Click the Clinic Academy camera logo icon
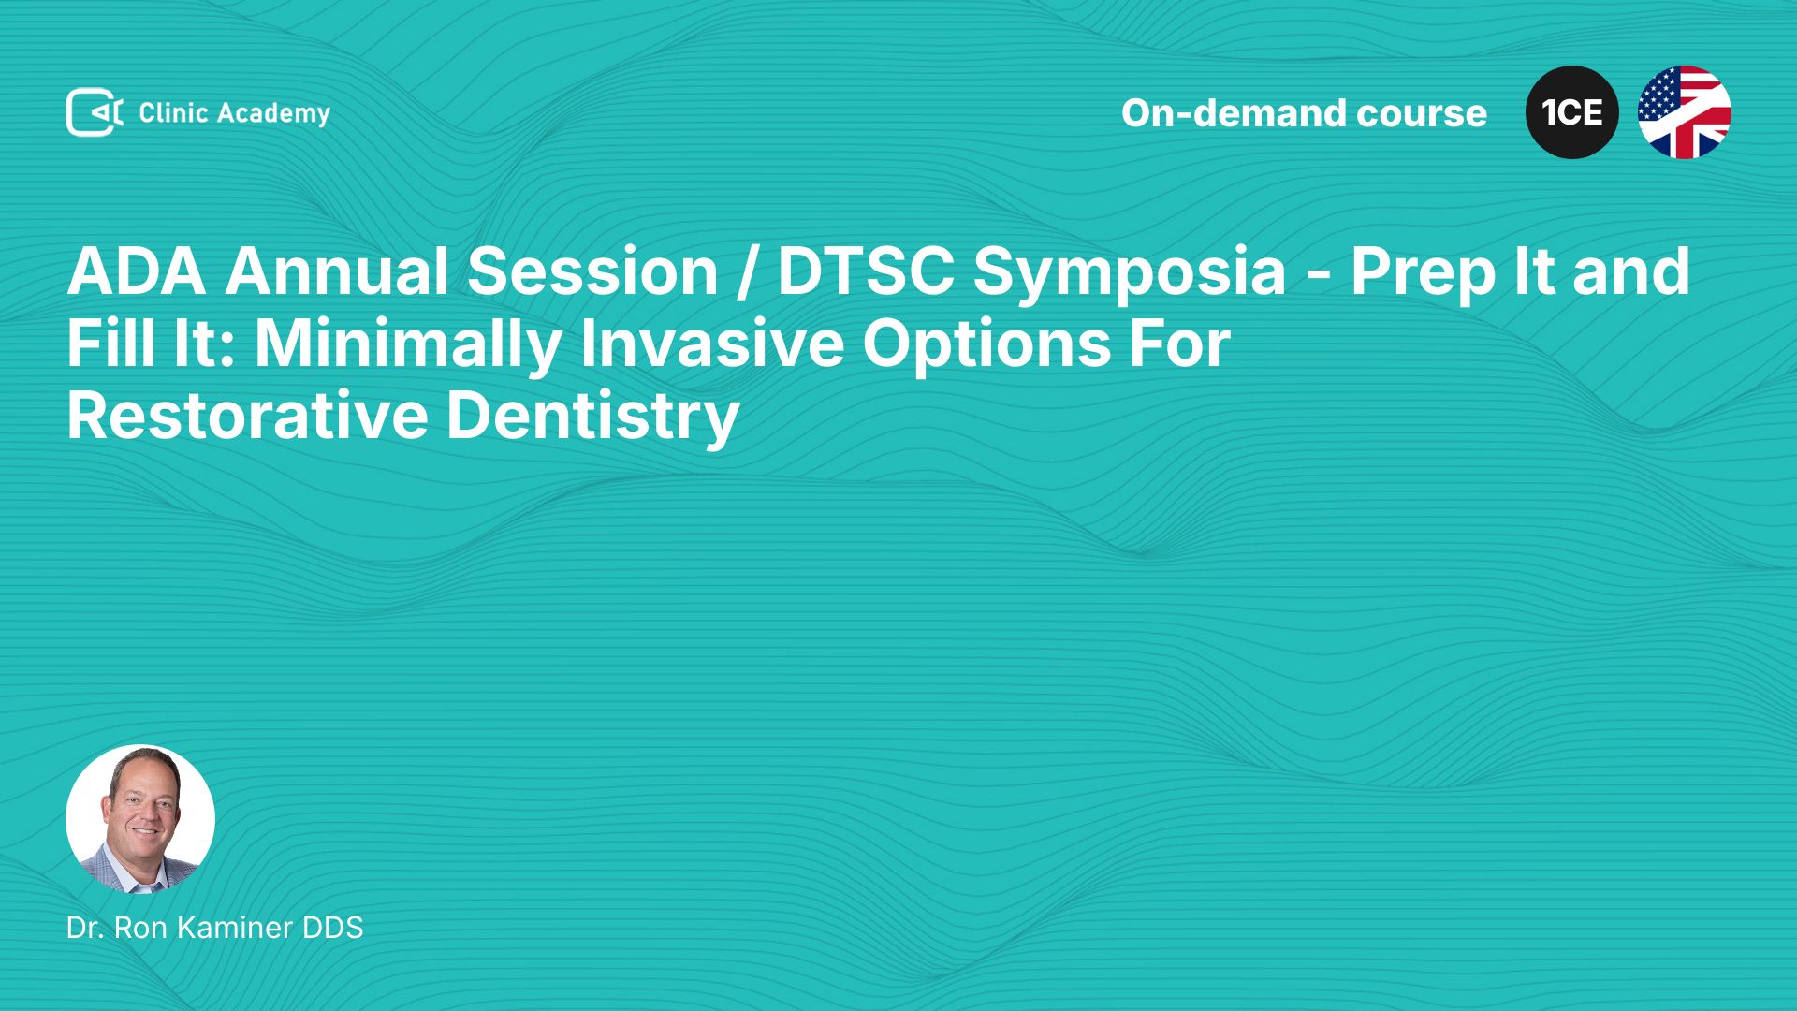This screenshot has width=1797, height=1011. point(95,112)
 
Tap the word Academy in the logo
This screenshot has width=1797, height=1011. point(273,114)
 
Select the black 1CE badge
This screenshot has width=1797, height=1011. point(1572,112)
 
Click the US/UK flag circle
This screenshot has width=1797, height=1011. point(1685,112)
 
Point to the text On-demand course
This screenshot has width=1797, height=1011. point(1304,113)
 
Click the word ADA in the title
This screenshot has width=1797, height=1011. point(137,271)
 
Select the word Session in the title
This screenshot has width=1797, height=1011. point(592,271)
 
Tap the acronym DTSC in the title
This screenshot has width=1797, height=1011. point(866,271)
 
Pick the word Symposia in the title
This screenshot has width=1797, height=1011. point(1130,274)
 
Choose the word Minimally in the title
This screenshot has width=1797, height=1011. point(407,345)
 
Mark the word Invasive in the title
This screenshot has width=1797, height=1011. point(712,344)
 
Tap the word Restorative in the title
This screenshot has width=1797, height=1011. point(247,416)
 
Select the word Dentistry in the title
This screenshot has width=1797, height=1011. point(593,418)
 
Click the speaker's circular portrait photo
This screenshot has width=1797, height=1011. point(140,819)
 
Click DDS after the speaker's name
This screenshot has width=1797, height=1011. point(332,928)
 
